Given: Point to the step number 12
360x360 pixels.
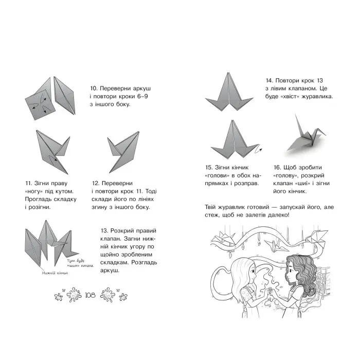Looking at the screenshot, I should click(x=97, y=183).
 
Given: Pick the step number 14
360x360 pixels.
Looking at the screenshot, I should click(x=270, y=81).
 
